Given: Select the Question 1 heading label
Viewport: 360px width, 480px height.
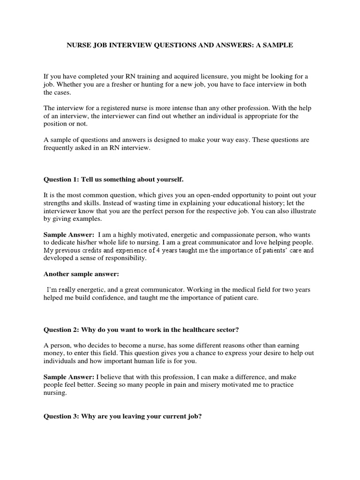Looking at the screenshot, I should [61, 180].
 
